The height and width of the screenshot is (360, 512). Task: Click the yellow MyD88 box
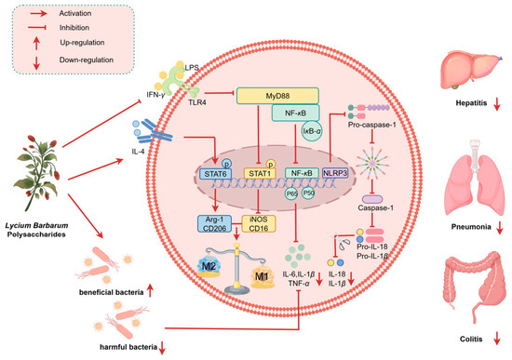pos(277,96)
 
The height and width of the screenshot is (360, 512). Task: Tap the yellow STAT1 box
pos(260,173)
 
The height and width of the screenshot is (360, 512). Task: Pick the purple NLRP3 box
pos(335,173)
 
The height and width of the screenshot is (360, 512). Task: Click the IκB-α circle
pos(313,131)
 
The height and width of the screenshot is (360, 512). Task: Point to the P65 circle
pos(291,193)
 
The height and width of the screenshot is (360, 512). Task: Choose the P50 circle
pos(308,193)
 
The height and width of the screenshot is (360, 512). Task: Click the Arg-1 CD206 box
pos(214,224)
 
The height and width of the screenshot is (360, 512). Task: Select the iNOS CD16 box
pos(259,224)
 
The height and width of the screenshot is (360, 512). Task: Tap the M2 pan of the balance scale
pos(209,267)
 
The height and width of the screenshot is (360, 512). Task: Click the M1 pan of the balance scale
pos(262,277)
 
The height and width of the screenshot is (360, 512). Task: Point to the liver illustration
pos(471,70)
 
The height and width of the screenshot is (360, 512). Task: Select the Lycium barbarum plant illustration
pos(38,173)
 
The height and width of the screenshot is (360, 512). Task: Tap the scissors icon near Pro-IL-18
pos(340,242)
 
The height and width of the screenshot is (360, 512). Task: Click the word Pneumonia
pos(471,227)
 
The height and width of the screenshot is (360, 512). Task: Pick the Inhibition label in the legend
pos(74,28)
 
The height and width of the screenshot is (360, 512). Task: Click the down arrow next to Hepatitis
pos(497,104)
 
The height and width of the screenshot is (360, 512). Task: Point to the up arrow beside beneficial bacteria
pos(150,290)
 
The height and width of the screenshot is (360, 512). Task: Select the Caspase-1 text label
pos(375,207)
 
